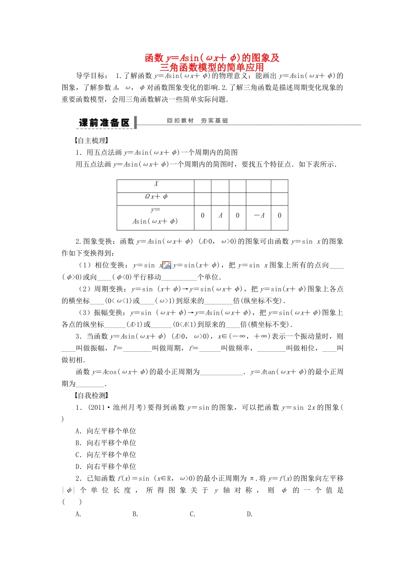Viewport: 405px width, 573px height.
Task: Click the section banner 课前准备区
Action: pos(104,123)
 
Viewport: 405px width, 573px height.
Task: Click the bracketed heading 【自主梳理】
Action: pos(92,141)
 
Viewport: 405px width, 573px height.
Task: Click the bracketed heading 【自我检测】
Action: pos(92,396)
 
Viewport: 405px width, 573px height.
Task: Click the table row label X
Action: pos(156,184)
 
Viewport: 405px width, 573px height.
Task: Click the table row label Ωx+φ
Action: pos(156,197)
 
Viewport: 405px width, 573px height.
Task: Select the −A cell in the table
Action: pos(259,216)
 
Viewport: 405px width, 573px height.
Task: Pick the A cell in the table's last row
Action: pos(220,216)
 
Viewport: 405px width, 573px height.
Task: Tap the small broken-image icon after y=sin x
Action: pos(167,265)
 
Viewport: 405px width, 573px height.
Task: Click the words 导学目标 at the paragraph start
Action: pos(91,76)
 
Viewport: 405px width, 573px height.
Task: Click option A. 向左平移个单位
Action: pos(106,431)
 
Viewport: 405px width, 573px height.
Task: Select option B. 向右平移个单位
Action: pos(106,443)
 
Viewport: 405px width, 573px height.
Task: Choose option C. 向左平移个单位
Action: pos(106,455)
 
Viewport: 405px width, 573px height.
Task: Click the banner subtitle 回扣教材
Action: pos(180,121)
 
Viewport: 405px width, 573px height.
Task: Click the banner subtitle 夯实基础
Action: pos(214,121)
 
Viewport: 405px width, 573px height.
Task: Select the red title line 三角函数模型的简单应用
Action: pos(212,67)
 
